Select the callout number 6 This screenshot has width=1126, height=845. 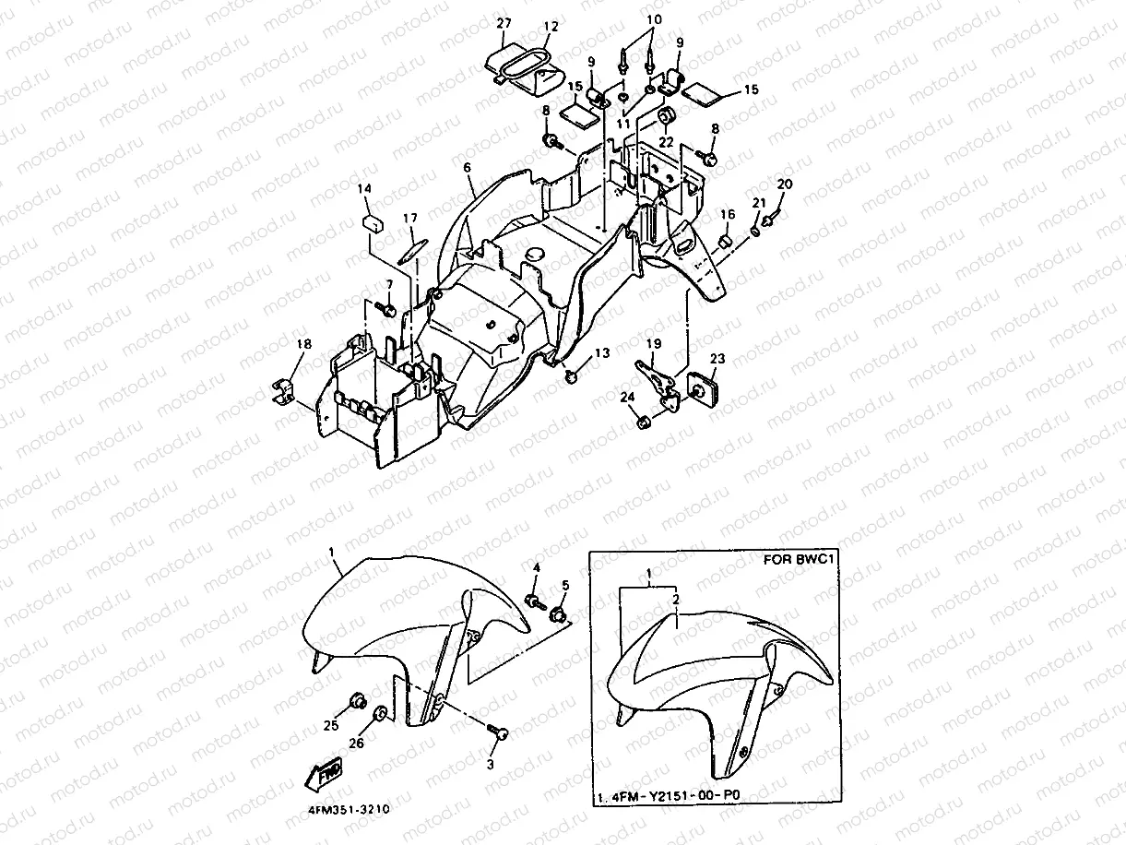(x=467, y=168)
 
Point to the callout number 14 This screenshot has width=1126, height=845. (x=364, y=189)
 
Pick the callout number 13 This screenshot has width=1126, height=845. (x=601, y=353)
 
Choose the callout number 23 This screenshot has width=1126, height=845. (x=718, y=360)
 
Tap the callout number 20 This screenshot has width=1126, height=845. (x=784, y=184)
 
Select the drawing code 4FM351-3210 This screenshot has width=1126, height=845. (x=343, y=809)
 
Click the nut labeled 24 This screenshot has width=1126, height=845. (x=642, y=422)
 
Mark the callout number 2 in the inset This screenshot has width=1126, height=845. (x=677, y=599)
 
